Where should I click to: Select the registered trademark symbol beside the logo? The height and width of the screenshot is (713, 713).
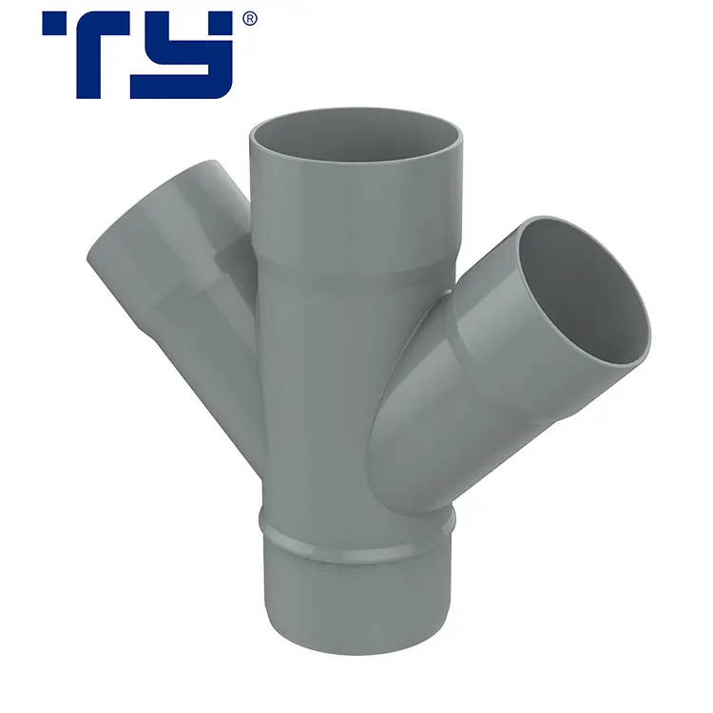pos(249,18)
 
